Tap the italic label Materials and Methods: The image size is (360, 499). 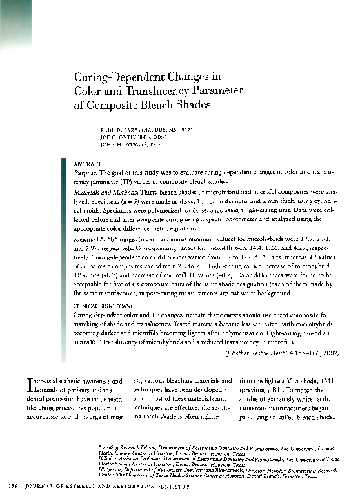click(x=104, y=192)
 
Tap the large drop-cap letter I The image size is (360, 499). click(x=27, y=385)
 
